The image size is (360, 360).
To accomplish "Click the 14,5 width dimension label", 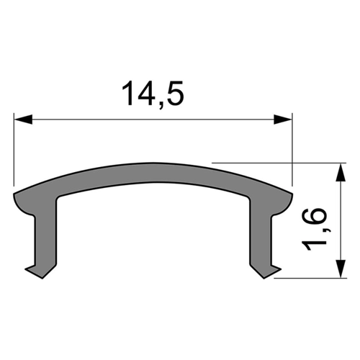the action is pyautogui.click(x=153, y=94).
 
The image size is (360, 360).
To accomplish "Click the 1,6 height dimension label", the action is pyautogui.click(x=314, y=230).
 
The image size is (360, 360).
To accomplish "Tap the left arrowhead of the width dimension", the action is pyautogui.click(x=23, y=120).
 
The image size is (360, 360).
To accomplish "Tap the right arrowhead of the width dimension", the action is pyautogui.click(x=283, y=120).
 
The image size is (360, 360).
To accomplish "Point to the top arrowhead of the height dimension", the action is pyautogui.click(x=341, y=172).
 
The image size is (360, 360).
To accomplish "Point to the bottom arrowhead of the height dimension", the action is pyautogui.click(x=341, y=269).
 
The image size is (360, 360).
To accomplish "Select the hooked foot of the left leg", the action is pyautogui.click(x=41, y=271).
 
